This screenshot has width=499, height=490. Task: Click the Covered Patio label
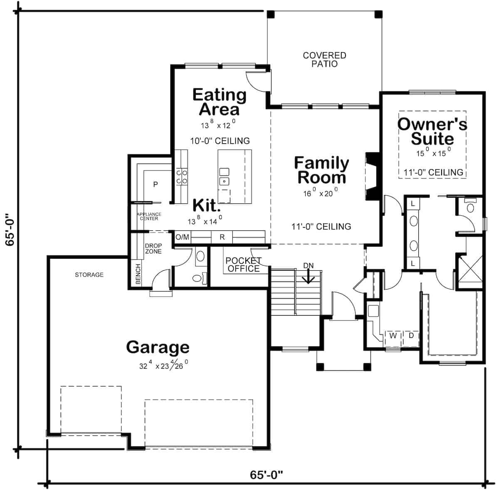(x=324, y=59)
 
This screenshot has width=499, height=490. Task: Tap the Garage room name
(x=158, y=347)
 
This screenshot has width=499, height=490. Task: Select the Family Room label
(x=321, y=170)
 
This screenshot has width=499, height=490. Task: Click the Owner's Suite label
(x=432, y=131)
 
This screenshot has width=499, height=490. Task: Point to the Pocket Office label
(x=243, y=265)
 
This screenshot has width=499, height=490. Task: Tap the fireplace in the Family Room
(x=373, y=177)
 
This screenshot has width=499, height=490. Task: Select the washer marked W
(x=393, y=336)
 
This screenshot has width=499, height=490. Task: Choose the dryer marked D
(x=411, y=335)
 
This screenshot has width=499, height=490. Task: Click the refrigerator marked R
(x=222, y=237)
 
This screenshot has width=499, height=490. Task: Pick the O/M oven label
(x=182, y=237)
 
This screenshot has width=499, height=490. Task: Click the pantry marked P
(x=156, y=184)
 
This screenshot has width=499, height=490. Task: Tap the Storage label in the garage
(x=89, y=275)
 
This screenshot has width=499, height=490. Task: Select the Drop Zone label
(x=153, y=249)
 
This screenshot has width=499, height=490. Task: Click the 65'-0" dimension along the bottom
(x=266, y=475)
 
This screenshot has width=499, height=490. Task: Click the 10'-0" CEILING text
(x=220, y=141)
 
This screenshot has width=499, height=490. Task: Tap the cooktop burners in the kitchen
(x=181, y=177)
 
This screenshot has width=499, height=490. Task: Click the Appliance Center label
(x=149, y=216)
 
